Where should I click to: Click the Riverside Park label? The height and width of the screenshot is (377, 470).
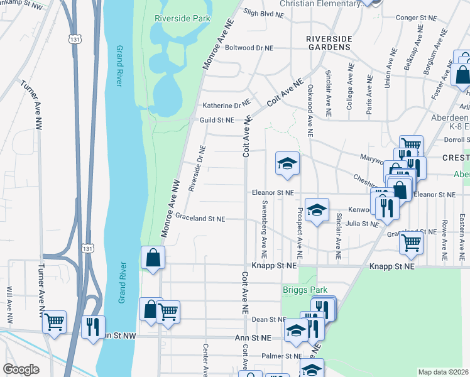click(x=182, y=18)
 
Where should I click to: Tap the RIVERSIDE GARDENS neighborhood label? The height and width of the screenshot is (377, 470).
click(x=327, y=43)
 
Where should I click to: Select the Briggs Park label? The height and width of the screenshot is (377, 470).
click(x=305, y=290)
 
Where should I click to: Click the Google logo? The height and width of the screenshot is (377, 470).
click(x=21, y=369)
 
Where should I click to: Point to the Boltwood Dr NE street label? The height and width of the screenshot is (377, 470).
click(x=249, y=48)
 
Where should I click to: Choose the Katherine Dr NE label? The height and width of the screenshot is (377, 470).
click(x=226, y=106)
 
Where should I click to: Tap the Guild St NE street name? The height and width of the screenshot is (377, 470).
click(x=217, y=120)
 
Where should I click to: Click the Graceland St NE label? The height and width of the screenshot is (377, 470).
click(x=200, y=219)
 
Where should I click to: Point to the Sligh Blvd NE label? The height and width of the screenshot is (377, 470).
click(x=259, y=13)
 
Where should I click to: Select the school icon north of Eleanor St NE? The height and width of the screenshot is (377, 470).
click(x=287, y=163)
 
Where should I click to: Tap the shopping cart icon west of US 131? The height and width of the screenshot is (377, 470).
click(x=55, y=322)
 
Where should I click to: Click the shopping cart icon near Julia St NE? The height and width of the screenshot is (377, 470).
click(x=411, y=241)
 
